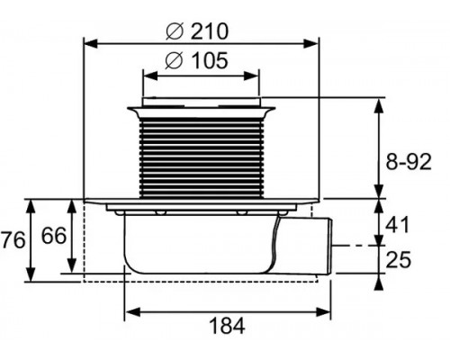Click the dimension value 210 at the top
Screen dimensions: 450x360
point(210,31)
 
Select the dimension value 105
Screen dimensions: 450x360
point(210,60)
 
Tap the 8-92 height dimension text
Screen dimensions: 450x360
point(408,162)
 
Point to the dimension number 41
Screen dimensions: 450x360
point(397,225)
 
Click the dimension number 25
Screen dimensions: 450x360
point(399,259)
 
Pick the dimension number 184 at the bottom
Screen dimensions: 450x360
point(227,326)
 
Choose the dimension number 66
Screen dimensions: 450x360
point(54,236)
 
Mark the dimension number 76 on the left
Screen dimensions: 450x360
point(13,240)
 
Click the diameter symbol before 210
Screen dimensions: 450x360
point(174,31)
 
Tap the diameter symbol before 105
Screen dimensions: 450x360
point(174,60)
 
